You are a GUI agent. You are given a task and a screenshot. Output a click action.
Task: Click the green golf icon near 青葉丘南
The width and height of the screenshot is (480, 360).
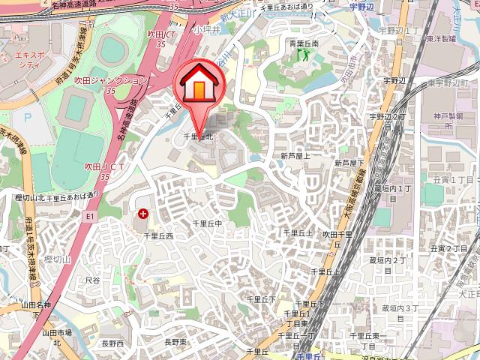tap(304, 54)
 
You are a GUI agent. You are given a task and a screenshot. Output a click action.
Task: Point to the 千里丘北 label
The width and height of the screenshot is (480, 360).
tap(200, 137)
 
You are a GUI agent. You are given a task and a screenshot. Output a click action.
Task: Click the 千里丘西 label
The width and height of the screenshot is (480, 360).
tap(158, 235)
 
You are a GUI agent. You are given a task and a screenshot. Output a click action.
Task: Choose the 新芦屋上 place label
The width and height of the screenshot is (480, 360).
tap(295, 155)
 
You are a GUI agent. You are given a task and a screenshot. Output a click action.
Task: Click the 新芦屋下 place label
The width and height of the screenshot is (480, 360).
tap(349, 162)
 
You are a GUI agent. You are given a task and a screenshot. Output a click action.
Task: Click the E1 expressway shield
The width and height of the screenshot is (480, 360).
tap(89, 216)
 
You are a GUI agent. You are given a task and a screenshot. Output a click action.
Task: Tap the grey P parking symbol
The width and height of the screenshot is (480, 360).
tap(28, 117)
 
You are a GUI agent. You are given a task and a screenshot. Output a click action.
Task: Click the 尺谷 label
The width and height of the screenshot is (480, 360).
tap(92, 279)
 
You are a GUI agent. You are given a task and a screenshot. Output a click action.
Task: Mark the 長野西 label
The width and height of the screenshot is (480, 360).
tap(112, 343)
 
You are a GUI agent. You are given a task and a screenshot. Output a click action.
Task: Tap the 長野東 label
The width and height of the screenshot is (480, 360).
tap(177, 342)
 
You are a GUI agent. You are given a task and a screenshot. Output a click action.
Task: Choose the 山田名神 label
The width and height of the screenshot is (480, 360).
tap(35, 305)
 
